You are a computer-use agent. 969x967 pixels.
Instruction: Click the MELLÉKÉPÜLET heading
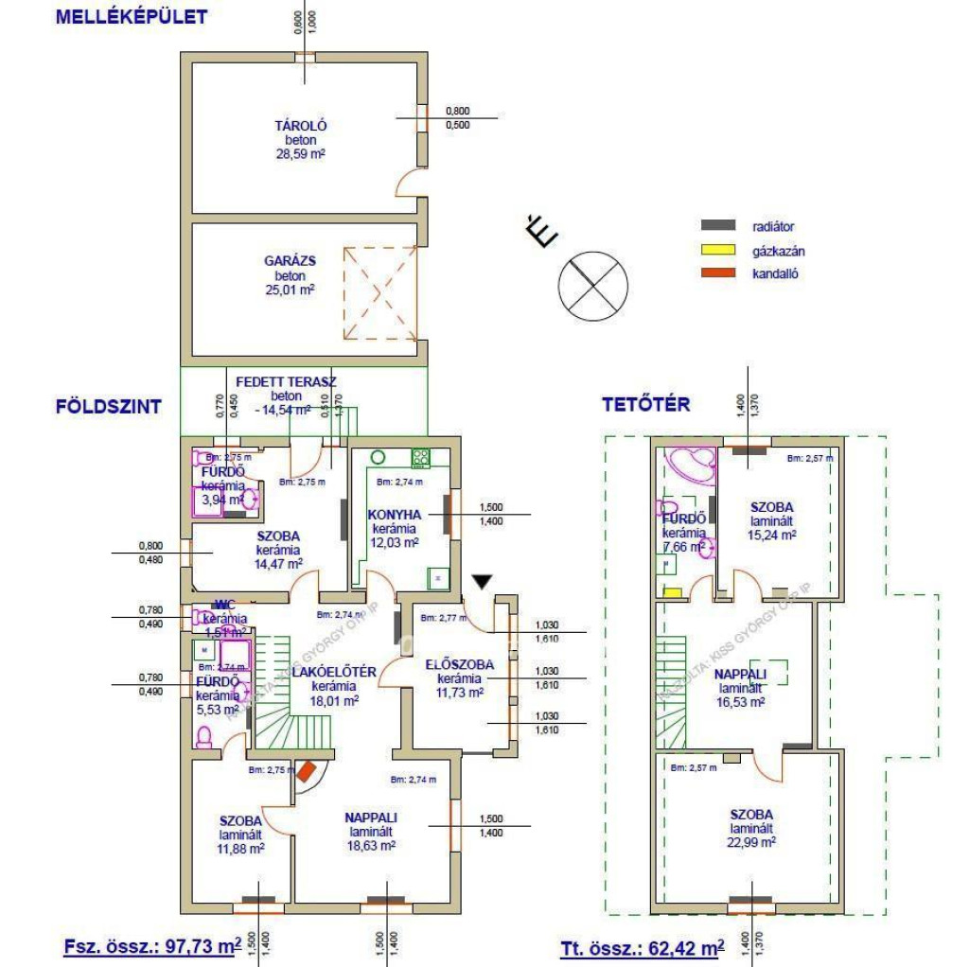[131, 16]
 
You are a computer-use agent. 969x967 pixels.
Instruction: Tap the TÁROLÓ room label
[301, 126]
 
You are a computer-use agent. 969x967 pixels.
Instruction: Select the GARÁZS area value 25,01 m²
[290, 290]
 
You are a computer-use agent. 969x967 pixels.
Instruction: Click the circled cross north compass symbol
[593, 284]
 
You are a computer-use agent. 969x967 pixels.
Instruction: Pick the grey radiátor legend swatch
[718, 226]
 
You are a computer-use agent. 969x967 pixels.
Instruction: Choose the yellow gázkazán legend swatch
[718, 251]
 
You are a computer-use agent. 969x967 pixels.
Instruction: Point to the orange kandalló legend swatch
[718, 274]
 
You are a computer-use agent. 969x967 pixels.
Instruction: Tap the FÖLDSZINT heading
[108, 407]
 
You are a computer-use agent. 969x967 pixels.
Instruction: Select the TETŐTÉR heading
[646, 405]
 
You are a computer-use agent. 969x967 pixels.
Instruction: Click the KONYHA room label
[393, 515]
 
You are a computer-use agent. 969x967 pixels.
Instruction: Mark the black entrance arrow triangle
[483, 583]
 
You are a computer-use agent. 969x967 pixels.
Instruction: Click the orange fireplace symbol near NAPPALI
[306, 772]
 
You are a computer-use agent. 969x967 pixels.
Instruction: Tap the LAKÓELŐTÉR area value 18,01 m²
[337, 701]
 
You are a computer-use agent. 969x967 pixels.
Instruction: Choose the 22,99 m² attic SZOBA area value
[752, 841]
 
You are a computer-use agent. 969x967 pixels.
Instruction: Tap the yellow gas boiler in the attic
[672, 592]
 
